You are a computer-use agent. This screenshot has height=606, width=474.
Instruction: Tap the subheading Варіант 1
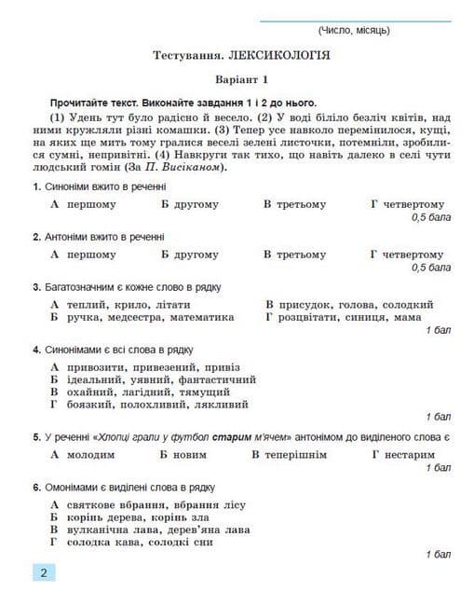(240, 79)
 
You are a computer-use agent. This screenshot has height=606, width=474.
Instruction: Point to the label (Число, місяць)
(354, 31)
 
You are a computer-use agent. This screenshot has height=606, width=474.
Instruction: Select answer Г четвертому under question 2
(406, 254)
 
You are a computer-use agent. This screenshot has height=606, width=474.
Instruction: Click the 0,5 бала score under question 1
(431, 217)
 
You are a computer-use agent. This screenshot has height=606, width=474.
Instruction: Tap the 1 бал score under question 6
(438, 555)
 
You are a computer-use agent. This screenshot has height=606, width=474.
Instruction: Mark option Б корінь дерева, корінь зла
(130, 516)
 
